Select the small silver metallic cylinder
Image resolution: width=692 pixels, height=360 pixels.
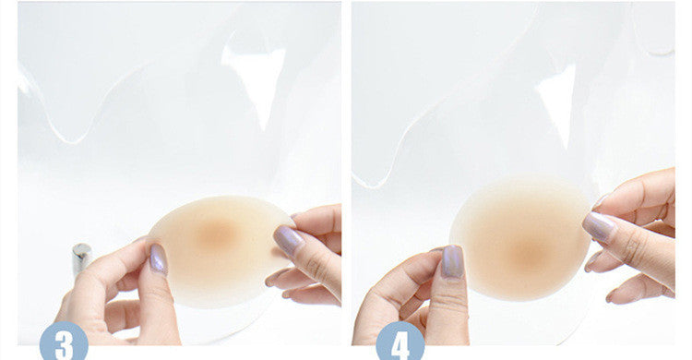tap(81, 258)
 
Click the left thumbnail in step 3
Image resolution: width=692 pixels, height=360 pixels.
tap(158, 258)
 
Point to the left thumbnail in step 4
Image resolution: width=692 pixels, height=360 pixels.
tap(453, 261)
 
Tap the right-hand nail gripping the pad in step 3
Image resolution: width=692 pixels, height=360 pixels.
tap(288, 239)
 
